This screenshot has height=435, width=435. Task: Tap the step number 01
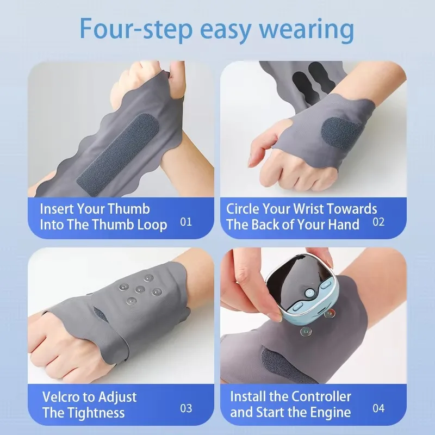click(185, 222)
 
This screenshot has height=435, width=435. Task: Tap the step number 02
click(378, 222)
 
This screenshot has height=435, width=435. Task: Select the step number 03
click(185, 408)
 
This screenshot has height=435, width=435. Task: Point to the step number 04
click(378, 408)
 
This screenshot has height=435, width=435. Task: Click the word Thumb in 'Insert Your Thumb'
click(129, 209)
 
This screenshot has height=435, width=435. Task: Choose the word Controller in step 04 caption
click(321, 396)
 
